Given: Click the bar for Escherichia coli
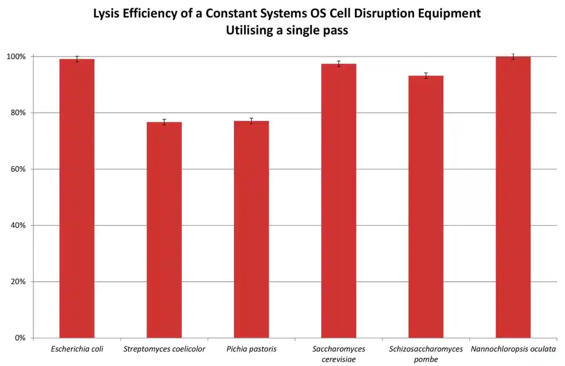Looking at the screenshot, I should point(77,199).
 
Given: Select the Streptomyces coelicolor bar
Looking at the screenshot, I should point(164,230).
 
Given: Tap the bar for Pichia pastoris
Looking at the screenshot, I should point(251,230).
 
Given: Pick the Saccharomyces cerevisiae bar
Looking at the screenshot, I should point(339,201).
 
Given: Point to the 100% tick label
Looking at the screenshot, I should point(16,57).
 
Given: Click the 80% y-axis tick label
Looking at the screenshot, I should point(18,113).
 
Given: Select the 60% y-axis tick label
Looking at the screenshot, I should point(18,169).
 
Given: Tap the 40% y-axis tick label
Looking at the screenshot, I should point(18,226).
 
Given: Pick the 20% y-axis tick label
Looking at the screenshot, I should point(18,282).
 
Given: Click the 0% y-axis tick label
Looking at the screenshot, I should point(20,338).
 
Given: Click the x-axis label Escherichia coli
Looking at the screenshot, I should point(77,349).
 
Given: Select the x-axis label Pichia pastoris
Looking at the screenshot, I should point(251,349).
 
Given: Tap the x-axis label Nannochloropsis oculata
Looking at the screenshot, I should point(513,349).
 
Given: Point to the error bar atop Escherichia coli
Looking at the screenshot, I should point(77,59).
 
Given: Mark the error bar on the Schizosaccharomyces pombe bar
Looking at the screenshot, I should point(426,75).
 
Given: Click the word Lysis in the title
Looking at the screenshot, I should point(105,14).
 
